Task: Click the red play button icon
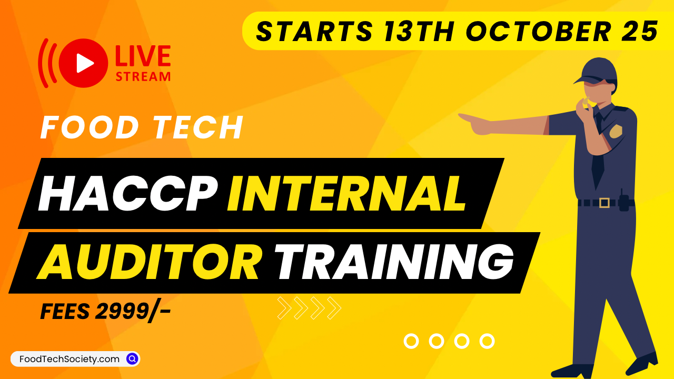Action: pos(83,63)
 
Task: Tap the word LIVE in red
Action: pos(143,56)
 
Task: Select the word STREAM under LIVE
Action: pos(143,77)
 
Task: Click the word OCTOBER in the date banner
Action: pos(538,31)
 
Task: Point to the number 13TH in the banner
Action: pos(419,31)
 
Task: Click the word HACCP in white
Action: pos(128,193)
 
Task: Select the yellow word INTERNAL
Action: pos(346,193)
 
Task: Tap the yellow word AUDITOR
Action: pos(149,261)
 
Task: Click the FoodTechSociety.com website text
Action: pos(70,359)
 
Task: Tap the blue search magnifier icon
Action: pos(132,359)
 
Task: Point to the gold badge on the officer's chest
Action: pos(616,132)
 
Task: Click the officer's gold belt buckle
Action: pos(604,203)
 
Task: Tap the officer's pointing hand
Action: pos(475,123)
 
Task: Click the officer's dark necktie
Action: pos(598,151)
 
